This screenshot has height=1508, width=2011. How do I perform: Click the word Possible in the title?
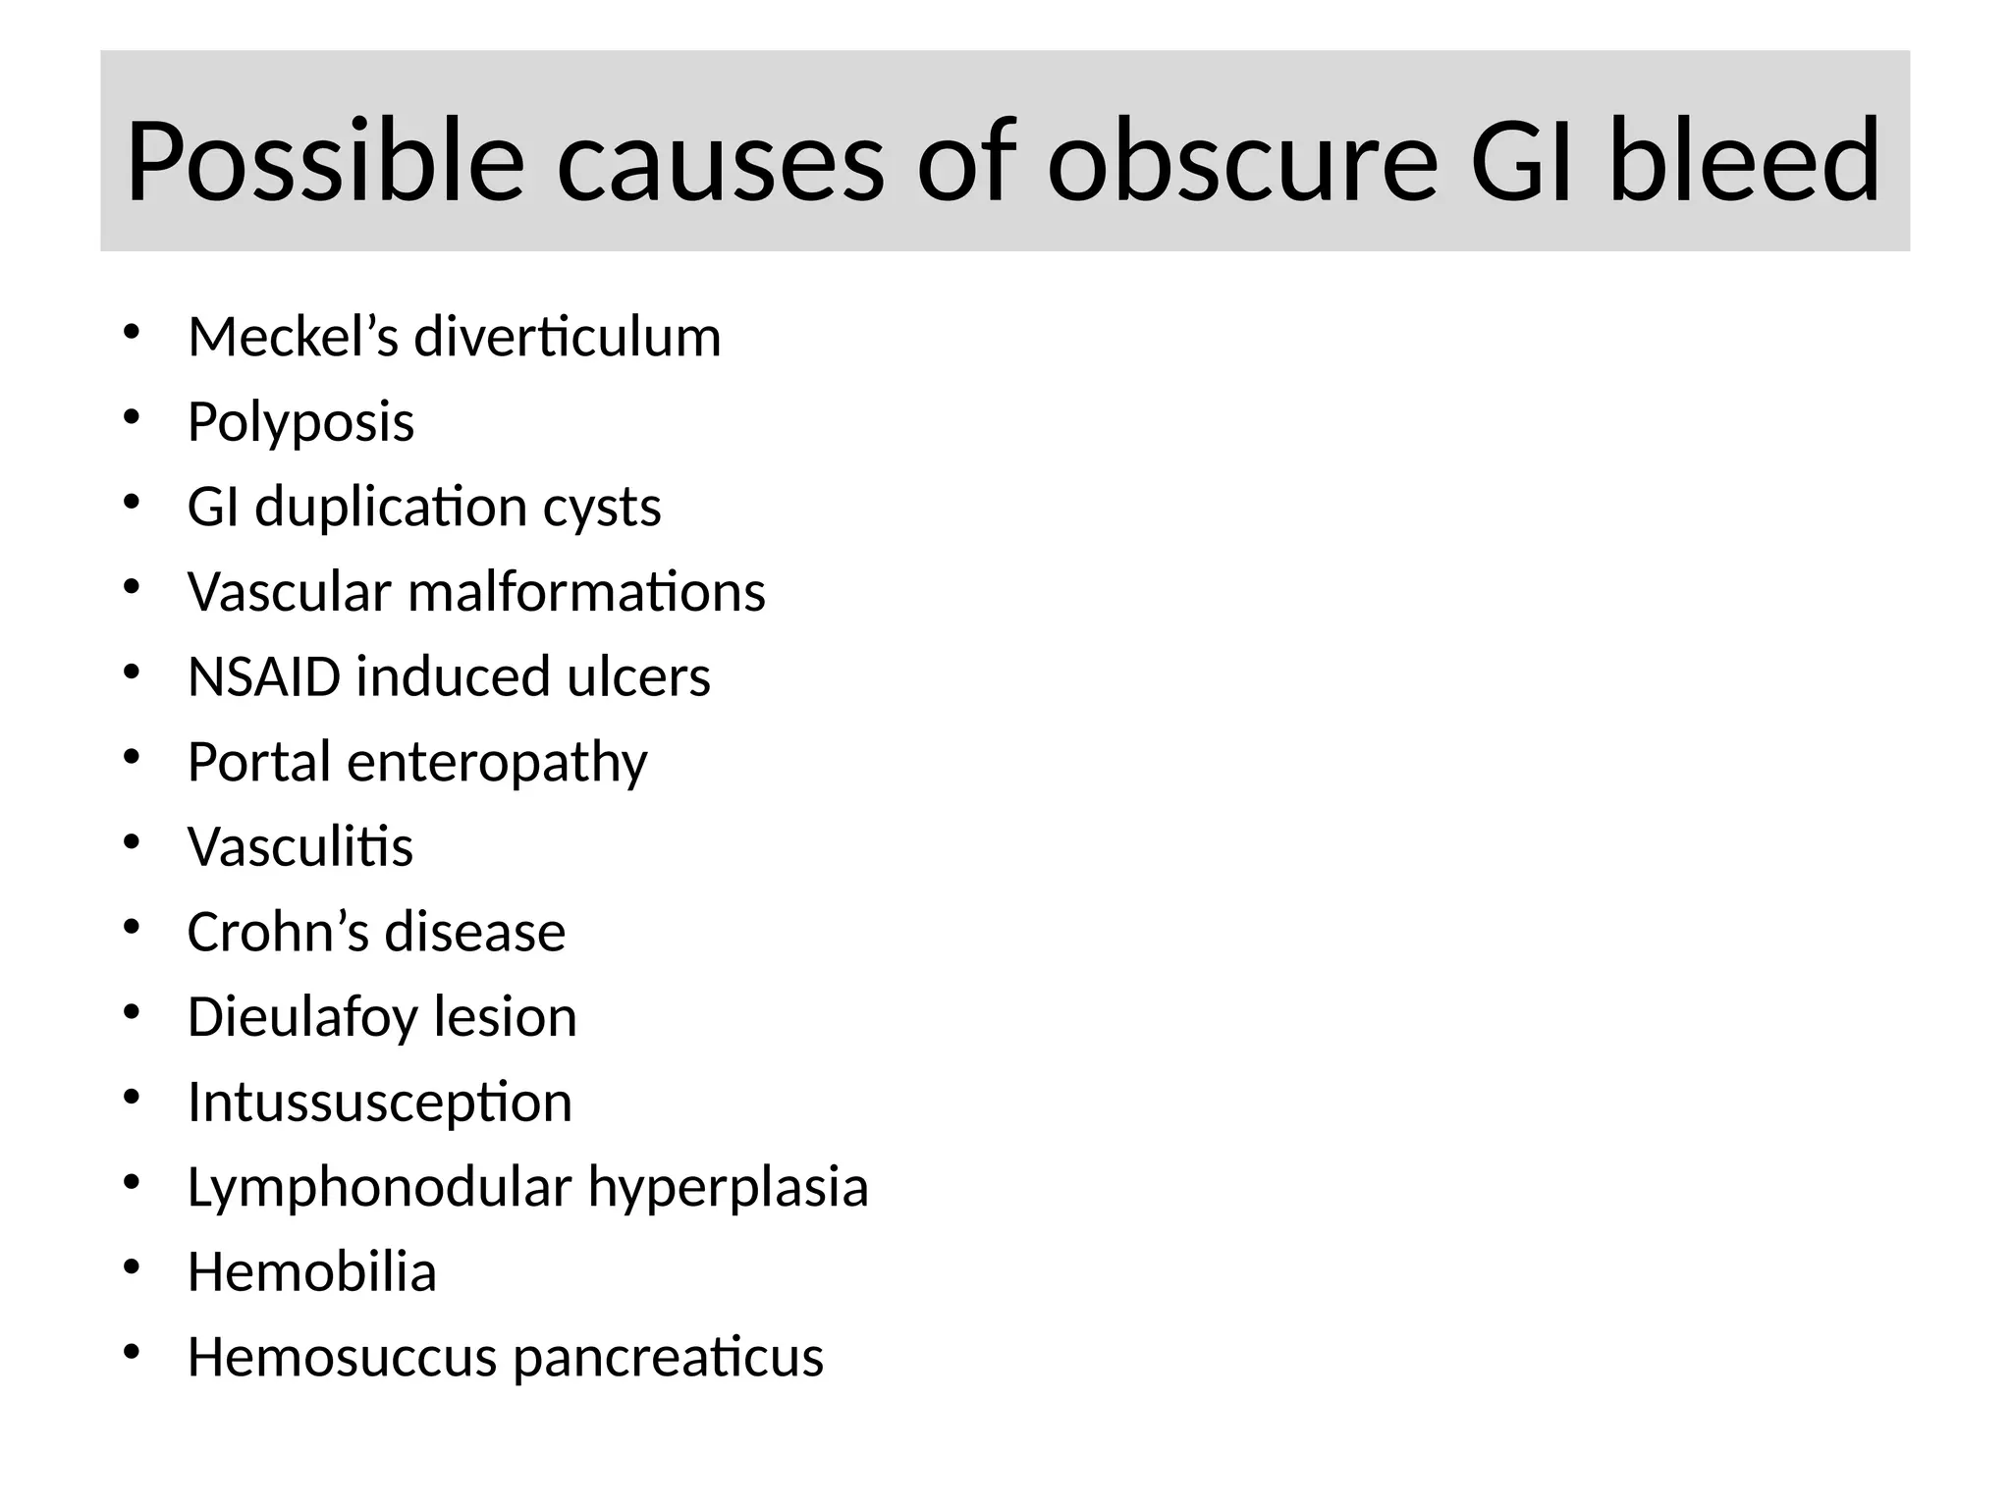click(x=324, y=162)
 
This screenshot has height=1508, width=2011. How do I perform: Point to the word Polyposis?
click(x=300, y=423)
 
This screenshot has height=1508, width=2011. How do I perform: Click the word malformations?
click(x=586, y=592)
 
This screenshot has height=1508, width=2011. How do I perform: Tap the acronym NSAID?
click(x=264, y=677)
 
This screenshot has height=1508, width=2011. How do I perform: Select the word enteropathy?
click(x=497, y=763)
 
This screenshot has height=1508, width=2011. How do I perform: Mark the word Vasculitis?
click(x=300, y=847)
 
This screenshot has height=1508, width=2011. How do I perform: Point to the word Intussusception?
click(x=380, y=1103)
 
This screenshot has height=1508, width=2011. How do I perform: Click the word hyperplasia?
click(x=728, y=1188)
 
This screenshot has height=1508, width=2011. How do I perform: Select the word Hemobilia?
click(x=311, y=1272)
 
